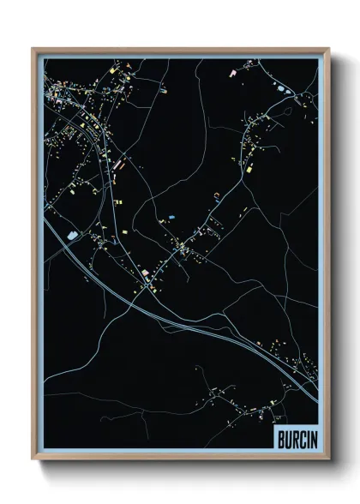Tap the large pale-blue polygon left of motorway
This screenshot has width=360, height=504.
point(72,232)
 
